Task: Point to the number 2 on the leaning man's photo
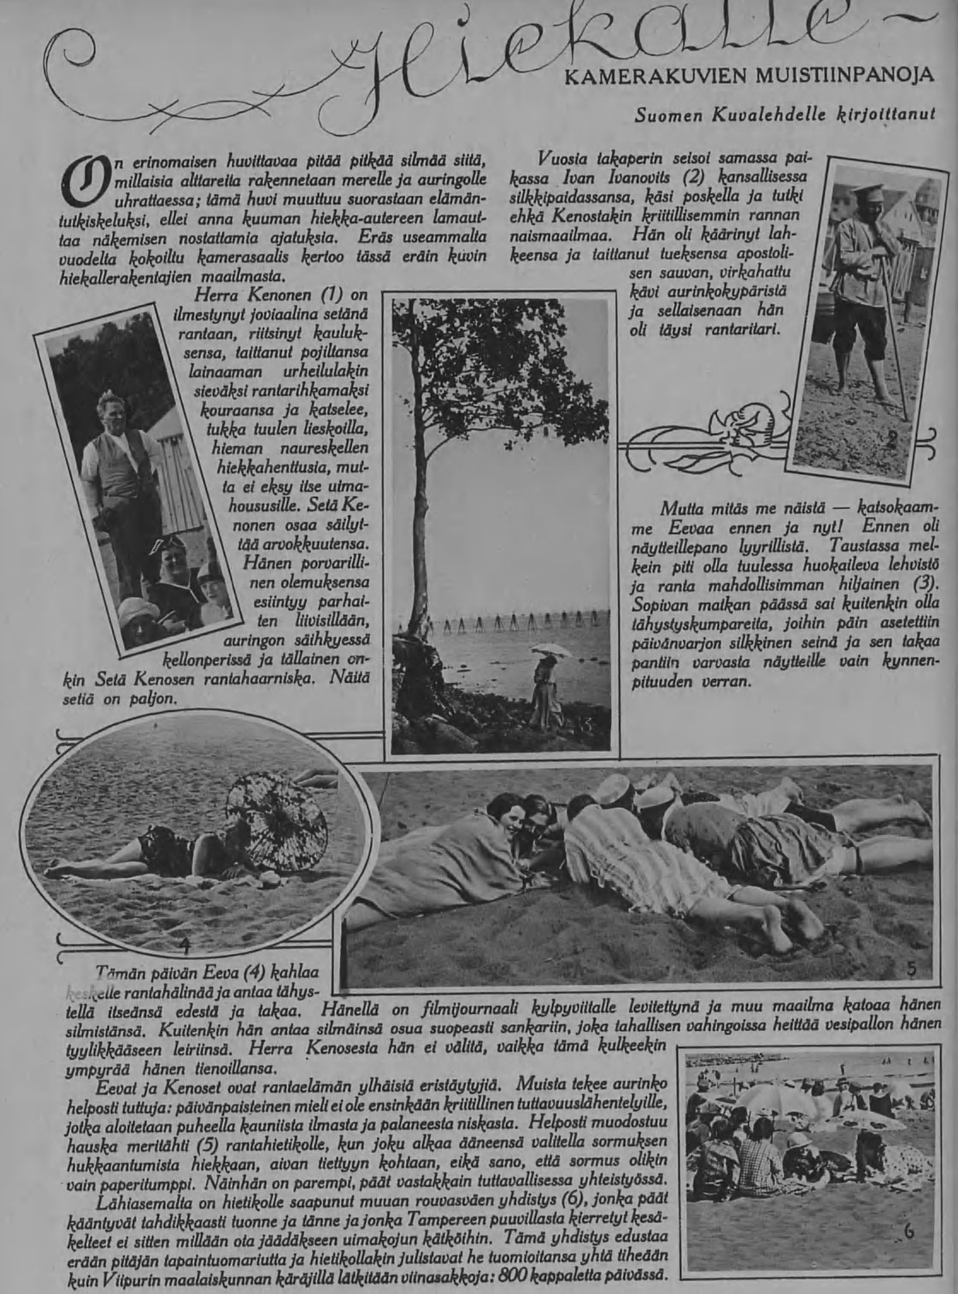click(x=891, y=440)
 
